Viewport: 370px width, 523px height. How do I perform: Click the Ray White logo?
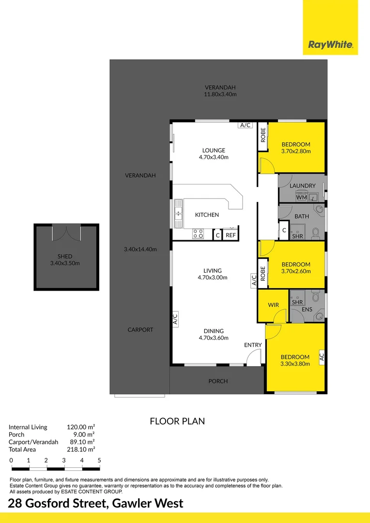(330, 45)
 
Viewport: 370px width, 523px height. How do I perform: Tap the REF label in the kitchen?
(231, 235)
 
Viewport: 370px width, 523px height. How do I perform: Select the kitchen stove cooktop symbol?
(198, 234)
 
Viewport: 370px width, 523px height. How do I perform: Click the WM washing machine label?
(301, 197)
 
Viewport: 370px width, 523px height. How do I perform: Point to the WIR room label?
(273, 305)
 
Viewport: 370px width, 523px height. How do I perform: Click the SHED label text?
(64, 256)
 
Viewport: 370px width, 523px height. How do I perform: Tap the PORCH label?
(218, 381)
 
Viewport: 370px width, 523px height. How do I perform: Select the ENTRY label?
(253, 345)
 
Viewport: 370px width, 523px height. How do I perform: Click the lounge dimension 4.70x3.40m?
(213, 157)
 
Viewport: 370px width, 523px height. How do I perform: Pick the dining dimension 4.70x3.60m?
(213, 338)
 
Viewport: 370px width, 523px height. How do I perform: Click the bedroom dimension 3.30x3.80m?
(295, 364)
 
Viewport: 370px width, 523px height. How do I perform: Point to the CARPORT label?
(140, 330)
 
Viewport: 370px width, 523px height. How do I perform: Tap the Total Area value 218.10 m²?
(80, 449)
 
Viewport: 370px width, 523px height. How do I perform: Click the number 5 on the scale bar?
(99, 460)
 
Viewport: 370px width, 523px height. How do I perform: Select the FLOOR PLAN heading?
(177, 421)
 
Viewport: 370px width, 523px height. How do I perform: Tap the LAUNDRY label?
(302, 185)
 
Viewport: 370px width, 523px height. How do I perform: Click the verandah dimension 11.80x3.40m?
(220, 94)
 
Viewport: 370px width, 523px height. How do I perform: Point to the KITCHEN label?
(207, 215)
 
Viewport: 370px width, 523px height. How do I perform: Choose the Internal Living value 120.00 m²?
(80, 427)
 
